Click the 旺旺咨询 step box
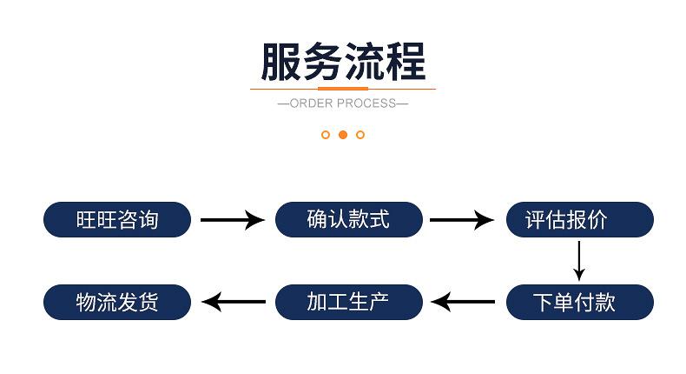116,219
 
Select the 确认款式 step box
348,219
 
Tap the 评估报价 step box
579,219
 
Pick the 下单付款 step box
579,302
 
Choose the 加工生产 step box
348,302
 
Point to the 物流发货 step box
116,302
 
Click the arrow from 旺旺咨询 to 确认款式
232,219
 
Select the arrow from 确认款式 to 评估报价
463,219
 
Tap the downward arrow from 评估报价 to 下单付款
579,260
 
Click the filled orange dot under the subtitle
343,135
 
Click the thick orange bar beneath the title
343,88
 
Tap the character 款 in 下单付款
604,302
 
